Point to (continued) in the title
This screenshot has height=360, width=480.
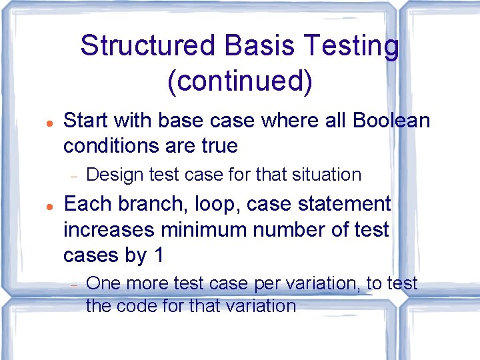[240, 81]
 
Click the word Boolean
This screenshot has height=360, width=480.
[391, 121]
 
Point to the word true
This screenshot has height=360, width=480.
[219, 145]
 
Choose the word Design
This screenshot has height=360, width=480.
[115, 175]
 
